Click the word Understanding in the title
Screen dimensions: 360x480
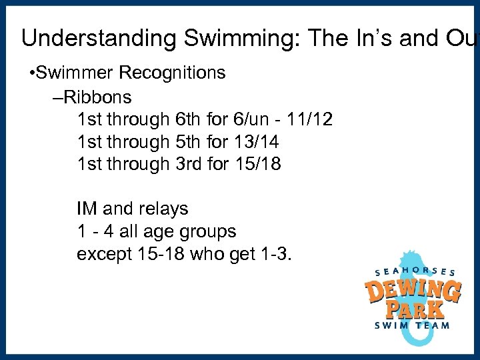[x=99, y=39]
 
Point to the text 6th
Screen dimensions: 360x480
[x=190, y=119]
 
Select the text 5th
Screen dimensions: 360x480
[x=190, y=141]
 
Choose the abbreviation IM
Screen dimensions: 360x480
[x=87, y=209]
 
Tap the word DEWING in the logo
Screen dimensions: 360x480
[x=413, y=292]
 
